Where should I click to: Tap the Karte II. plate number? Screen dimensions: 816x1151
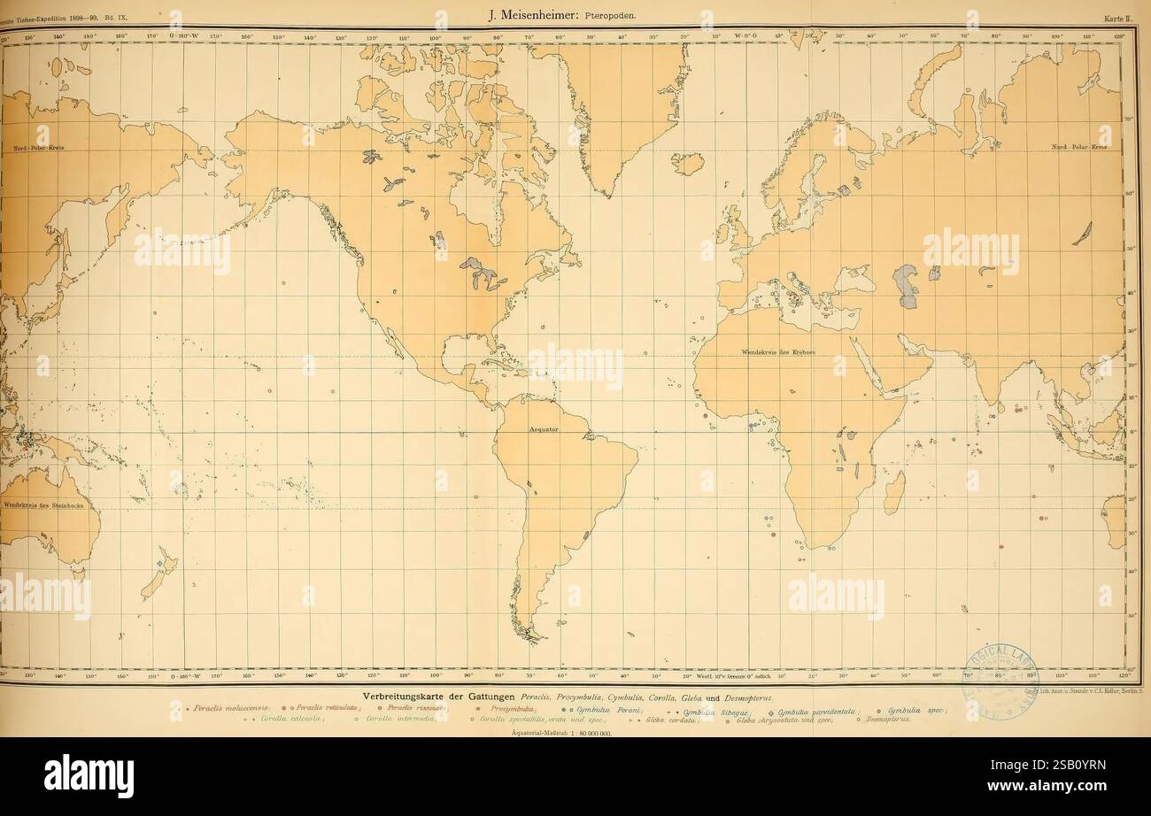coord(1117,16)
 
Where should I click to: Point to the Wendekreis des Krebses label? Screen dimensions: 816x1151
coord(778,352)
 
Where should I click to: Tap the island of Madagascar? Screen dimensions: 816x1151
coord(893,492)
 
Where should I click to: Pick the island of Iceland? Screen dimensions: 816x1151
coord(687,164)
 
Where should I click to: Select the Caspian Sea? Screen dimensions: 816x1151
coord(908,286)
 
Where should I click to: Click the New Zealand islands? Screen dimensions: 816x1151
coord(159,571)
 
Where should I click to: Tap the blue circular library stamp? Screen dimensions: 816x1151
coord(999,680)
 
